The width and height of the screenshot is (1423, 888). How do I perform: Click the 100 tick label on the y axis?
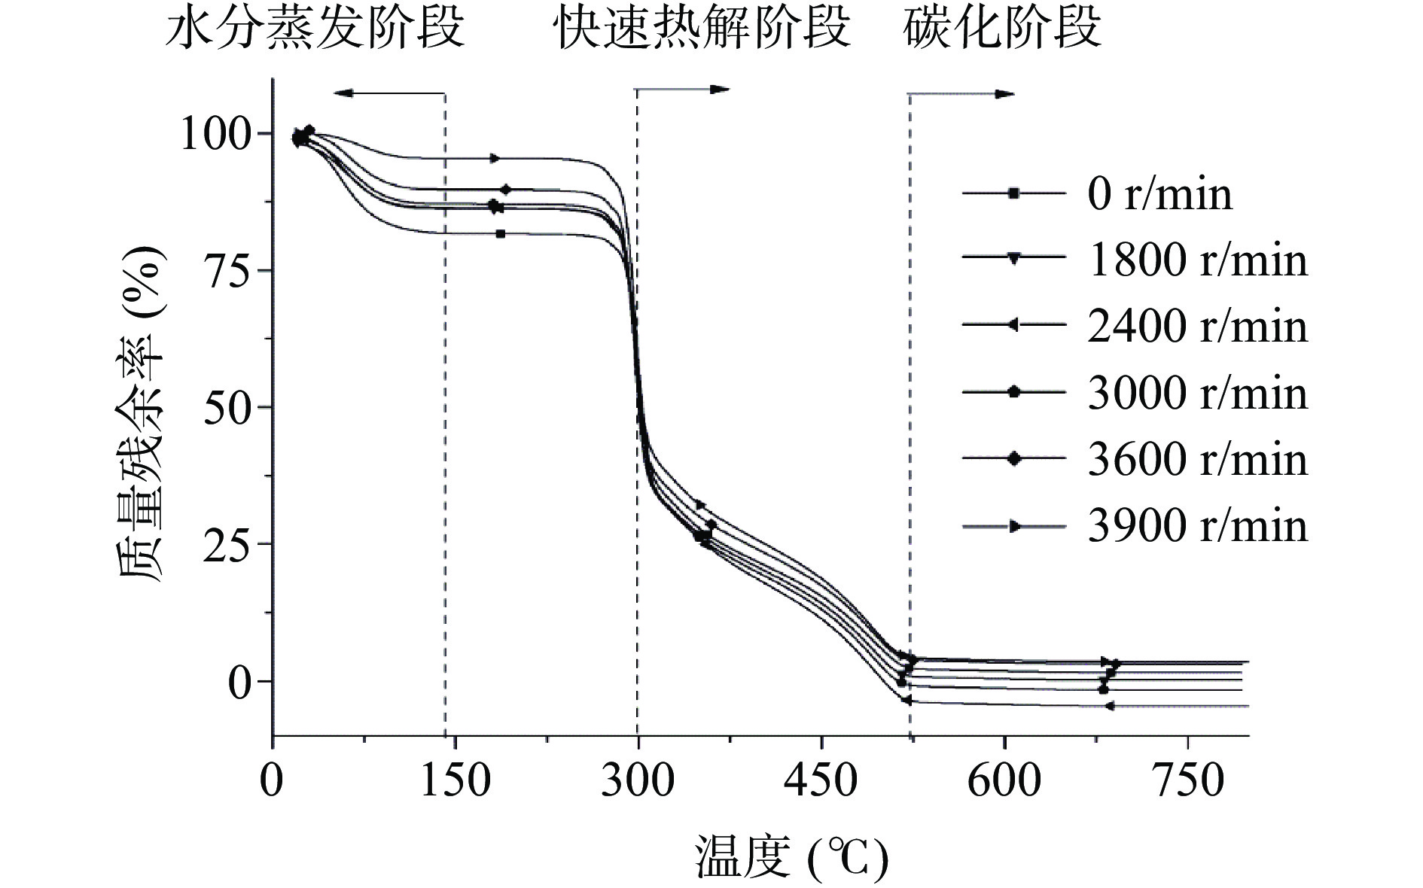click(215, 135)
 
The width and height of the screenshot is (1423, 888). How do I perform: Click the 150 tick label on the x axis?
click(455, 781)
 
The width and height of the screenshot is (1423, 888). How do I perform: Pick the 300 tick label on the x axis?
click(638, 781)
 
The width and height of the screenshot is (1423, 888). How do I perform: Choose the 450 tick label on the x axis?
click(821, 781)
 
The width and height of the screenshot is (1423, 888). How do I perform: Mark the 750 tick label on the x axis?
click(1187, 781)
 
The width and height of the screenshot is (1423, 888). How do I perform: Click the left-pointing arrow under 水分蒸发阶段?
click(389, 93)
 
